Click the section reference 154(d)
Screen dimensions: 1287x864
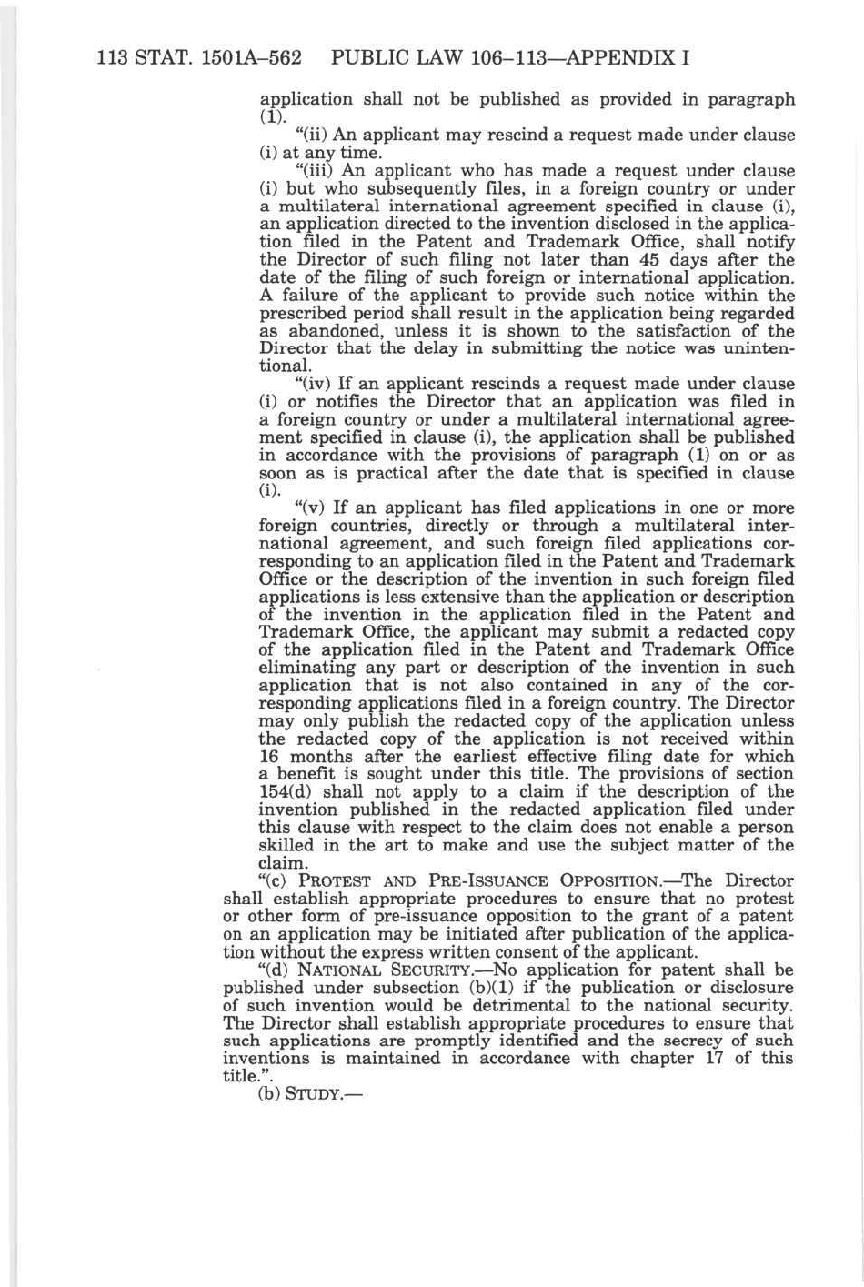coord(288,792)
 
